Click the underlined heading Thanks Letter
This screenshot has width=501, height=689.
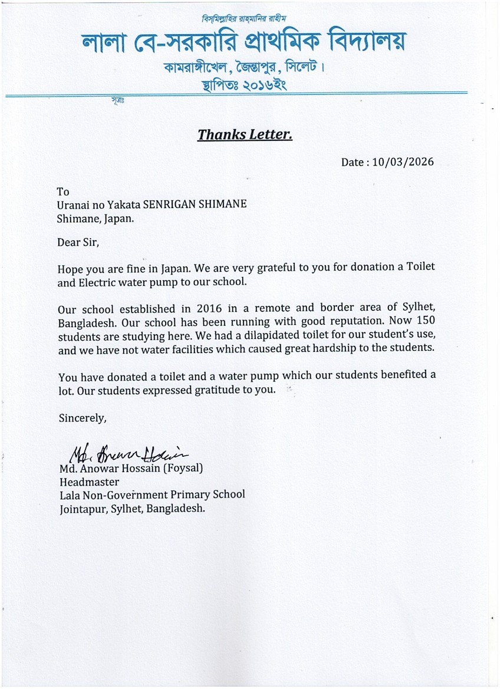click(x=245, y=135)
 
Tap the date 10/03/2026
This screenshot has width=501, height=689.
click(x=403, y=162)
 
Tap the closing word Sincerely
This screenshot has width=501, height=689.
click(x=83, y=418)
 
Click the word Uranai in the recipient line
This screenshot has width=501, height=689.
click(x=73, y=205)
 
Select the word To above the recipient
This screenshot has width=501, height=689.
click(x=63, y=192)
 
